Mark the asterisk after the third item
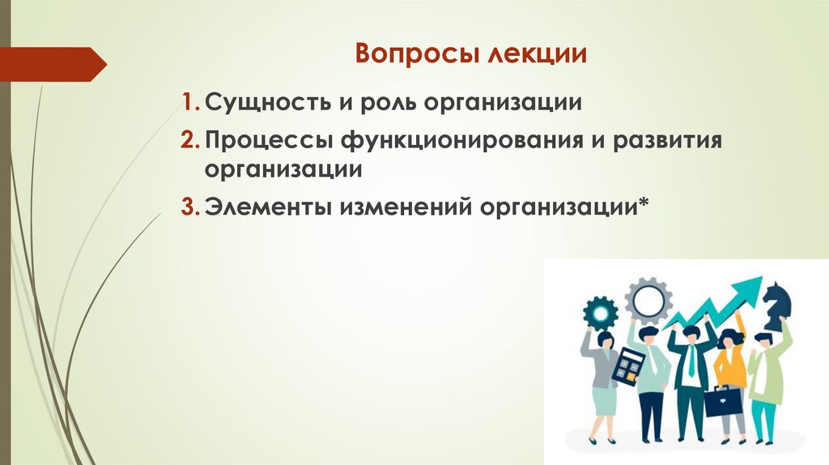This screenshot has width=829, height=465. coord(644,203)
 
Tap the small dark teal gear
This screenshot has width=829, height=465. coord(600,312)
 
